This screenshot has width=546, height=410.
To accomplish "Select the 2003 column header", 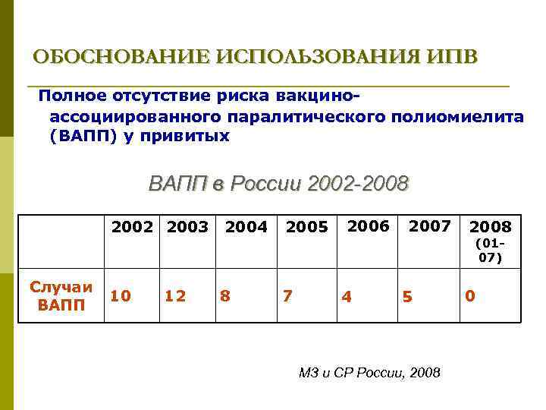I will pos(188,226).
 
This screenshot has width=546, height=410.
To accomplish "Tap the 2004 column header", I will pos(246,227).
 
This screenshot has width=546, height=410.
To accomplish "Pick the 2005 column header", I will pos(307,227).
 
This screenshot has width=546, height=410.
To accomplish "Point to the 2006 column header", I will pos(368,225).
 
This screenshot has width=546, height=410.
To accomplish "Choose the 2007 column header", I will pos(430,225).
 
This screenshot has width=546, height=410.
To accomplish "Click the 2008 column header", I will pos(491,227).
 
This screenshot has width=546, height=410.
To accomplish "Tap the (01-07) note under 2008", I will pos(490,251).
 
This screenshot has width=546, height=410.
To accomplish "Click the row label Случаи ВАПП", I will pos(61,295).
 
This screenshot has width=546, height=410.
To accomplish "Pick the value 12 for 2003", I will pos(174,295).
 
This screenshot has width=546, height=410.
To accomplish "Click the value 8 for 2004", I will pos(224,295).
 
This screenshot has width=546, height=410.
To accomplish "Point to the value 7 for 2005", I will pos(287,295).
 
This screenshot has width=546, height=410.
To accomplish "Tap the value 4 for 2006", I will pos(346,297).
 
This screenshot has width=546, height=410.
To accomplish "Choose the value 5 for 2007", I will pos(407,297).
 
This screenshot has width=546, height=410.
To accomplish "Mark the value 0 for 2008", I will pos(470,295).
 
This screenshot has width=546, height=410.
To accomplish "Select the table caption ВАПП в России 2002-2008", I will pos(278,184).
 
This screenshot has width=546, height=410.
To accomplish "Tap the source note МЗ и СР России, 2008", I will pos(369,373).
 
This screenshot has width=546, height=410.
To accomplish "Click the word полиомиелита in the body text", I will pos(457,116).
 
